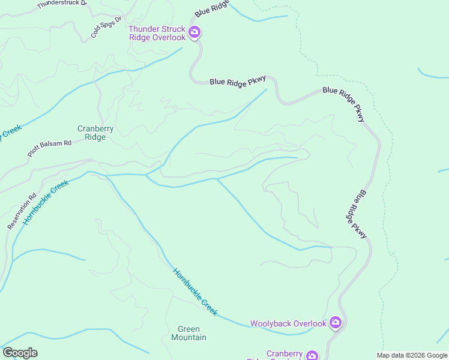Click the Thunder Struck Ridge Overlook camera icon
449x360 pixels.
(194, 32)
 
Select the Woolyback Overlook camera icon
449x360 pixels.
(336, 323)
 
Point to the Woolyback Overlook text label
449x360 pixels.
(288, 323)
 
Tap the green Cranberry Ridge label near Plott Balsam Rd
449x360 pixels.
(91, 133)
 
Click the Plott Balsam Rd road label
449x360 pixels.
(49, 148)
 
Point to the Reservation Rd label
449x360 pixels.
(22, 211)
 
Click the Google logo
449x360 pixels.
(20, 353)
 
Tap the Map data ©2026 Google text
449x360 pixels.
(412, 355)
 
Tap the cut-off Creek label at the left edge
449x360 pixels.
(10, 131)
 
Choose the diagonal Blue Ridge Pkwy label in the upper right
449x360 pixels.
(345, 104)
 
